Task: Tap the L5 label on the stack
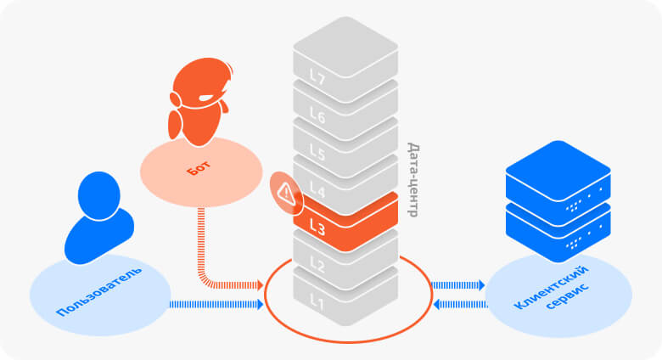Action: (317, 153)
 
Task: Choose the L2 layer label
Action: (317, 263)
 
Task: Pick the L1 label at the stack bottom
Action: (317, 301)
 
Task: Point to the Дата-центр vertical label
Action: (413, 178)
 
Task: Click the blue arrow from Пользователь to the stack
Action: (216, 303)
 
